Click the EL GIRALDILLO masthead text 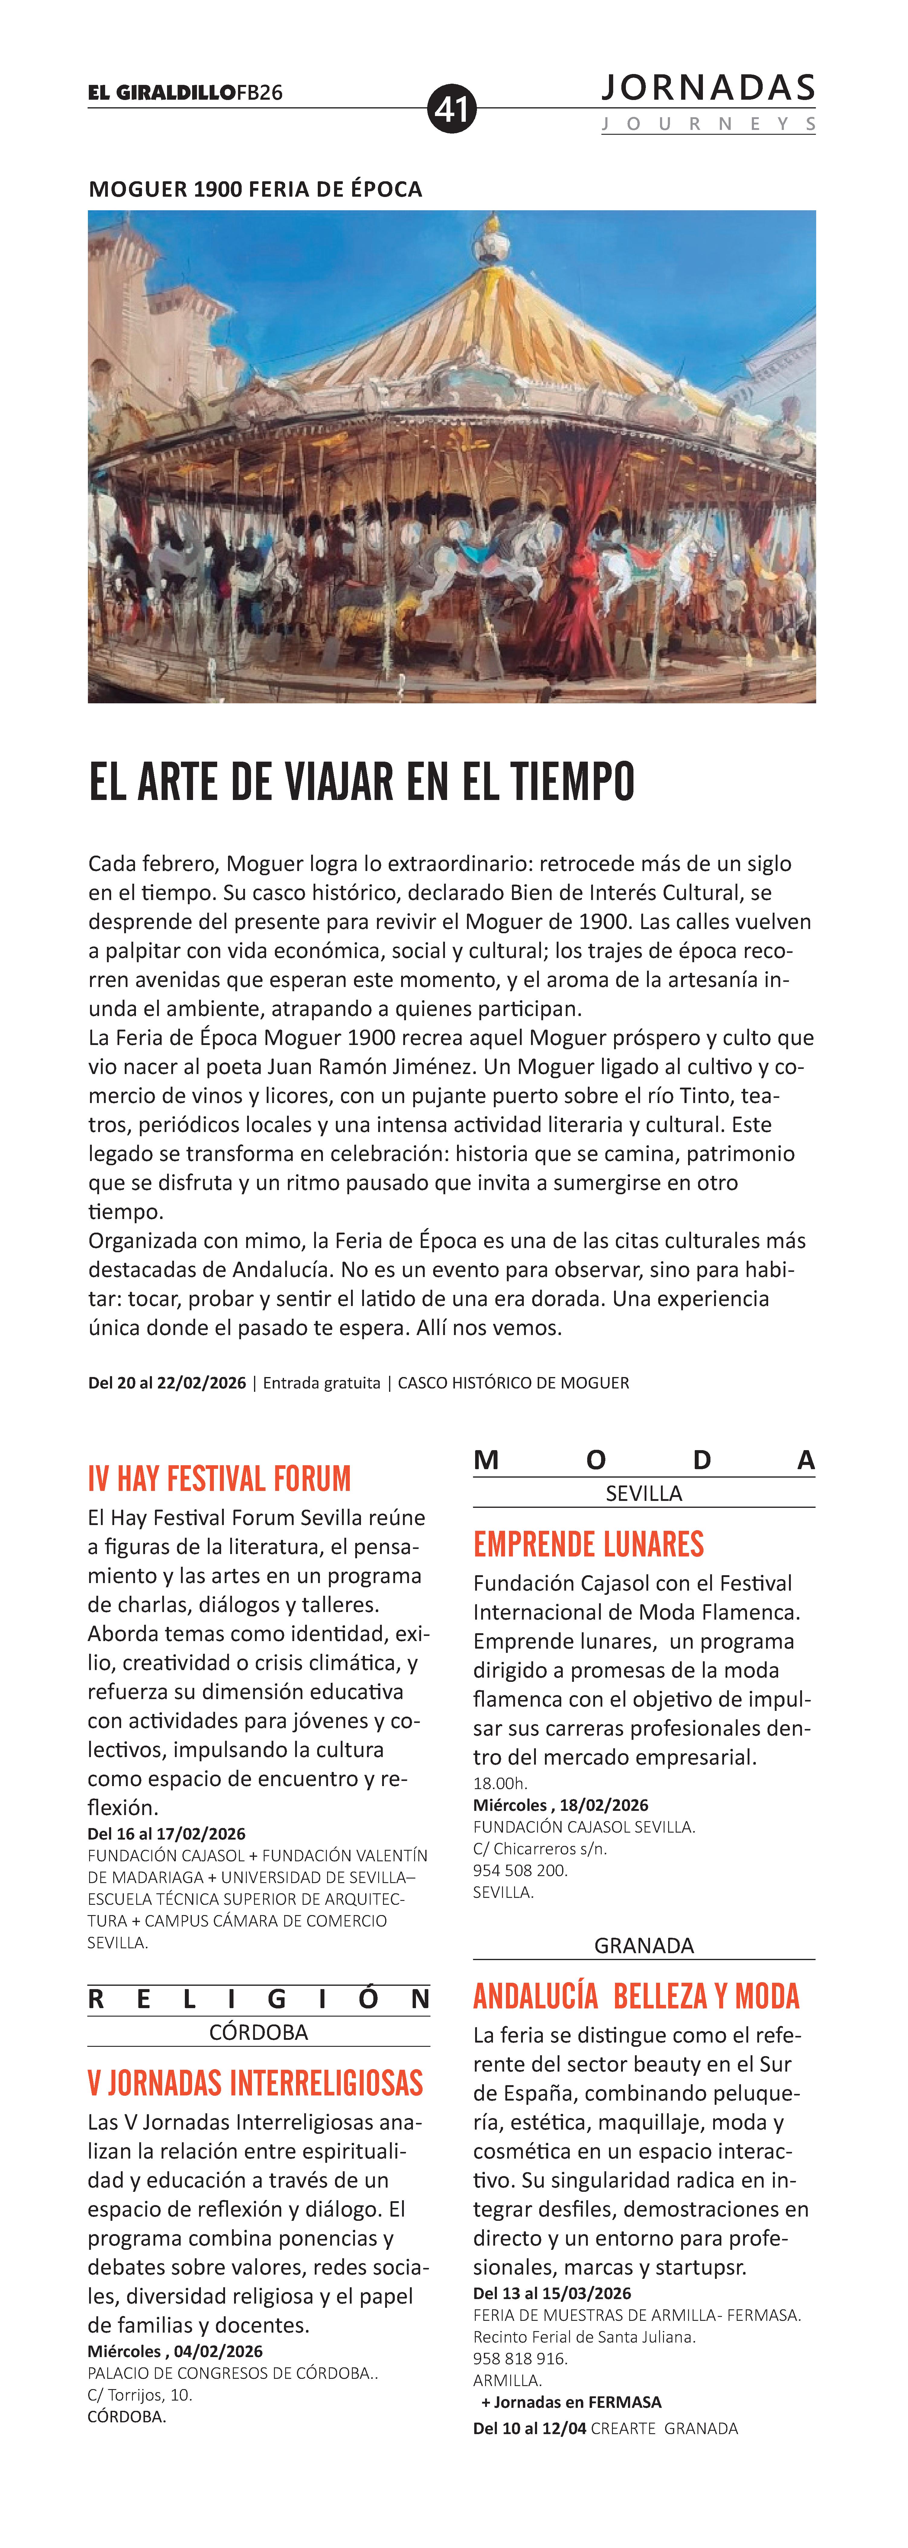(x=161, y=93)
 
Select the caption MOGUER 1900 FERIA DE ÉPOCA (x=255, y=189)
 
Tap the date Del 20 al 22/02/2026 (x=167, y=1383)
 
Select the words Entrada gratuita (x=321, y=1383)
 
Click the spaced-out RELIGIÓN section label (x=258, y=2000)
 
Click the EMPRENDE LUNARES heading (x=588, y=1544)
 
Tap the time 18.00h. (x=501, y=1783)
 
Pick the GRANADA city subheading (x=644, y=1946)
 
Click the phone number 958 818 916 (x=520, y=2358)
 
